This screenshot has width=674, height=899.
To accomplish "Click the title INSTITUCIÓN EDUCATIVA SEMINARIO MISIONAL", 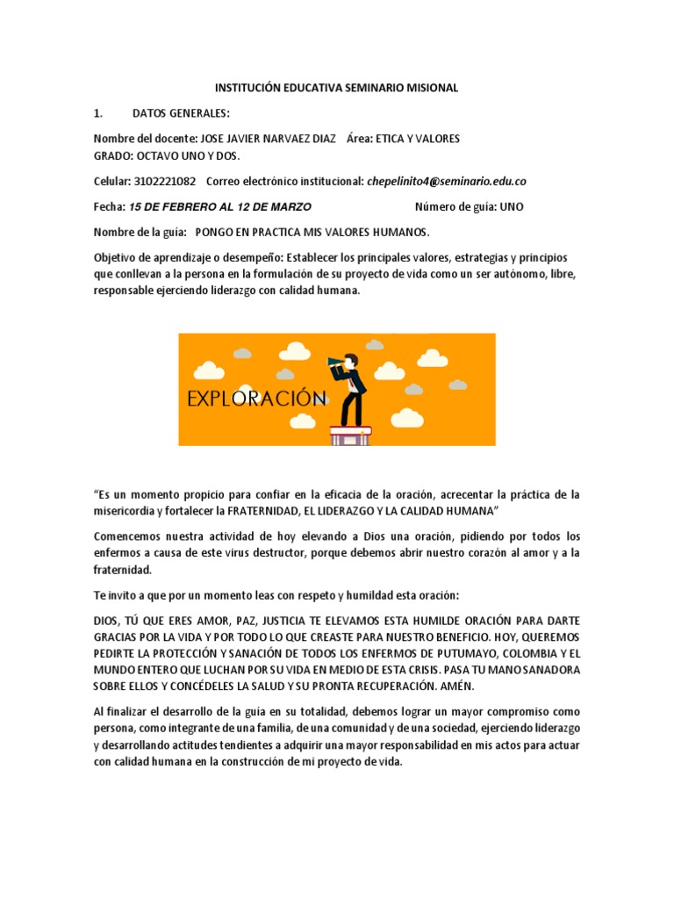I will click(337, 88).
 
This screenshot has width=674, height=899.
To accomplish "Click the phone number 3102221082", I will click(165, 181).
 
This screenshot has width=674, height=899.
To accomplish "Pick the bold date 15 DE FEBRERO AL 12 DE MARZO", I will click(219, 206).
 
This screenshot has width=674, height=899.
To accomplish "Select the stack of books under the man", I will click(350, 433).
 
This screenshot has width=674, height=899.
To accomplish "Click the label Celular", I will click(111, 181).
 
